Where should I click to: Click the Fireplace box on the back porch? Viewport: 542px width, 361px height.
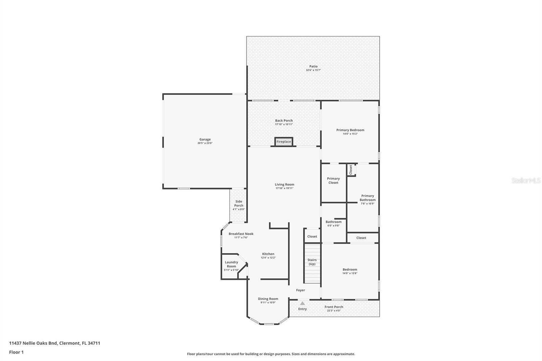point(284,142)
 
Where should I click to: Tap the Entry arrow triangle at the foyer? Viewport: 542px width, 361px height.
point(302,303)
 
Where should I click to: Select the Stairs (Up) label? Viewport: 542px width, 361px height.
point(312,262)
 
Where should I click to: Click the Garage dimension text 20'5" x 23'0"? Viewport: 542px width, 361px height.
point(205,143)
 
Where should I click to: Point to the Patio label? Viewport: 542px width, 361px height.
point(313,66)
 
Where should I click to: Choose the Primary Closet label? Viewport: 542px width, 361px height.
point(333,180)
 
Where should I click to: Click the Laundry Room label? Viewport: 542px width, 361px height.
point(231,264)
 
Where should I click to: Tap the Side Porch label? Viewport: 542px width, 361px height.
point(239,204)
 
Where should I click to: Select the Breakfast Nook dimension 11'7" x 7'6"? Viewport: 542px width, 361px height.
point(241,237)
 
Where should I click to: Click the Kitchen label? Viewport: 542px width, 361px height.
point(268,254)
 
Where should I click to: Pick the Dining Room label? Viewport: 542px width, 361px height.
point(268,299)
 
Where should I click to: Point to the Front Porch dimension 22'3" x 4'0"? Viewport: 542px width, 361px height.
point(334,311)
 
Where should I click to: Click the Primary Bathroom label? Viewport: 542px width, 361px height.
point(368,198)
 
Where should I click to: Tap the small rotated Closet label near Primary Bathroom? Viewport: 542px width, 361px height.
point(351,170)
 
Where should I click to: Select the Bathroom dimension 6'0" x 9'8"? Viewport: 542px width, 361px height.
point(333,226)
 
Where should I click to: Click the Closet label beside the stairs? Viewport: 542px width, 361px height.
point(312,236)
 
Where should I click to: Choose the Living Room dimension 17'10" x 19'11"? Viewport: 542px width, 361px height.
point(285,188)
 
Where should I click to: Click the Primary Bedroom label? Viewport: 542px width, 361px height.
point(350,130)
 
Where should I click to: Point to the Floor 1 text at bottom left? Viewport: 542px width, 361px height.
point(16,352)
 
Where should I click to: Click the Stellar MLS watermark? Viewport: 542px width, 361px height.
point(526,180)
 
